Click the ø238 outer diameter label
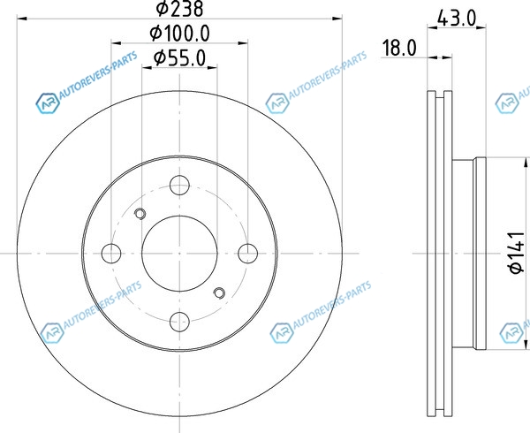click(179, 9)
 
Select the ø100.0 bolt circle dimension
click(180, 33)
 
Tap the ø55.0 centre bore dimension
click(179, 57)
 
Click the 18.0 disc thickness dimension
click(399, 48)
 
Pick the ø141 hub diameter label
click(517, 253)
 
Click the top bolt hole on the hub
click(179, 186)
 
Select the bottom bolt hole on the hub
click(179, 322)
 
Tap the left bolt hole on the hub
click(111, 254)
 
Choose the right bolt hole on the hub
click(247, 254)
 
